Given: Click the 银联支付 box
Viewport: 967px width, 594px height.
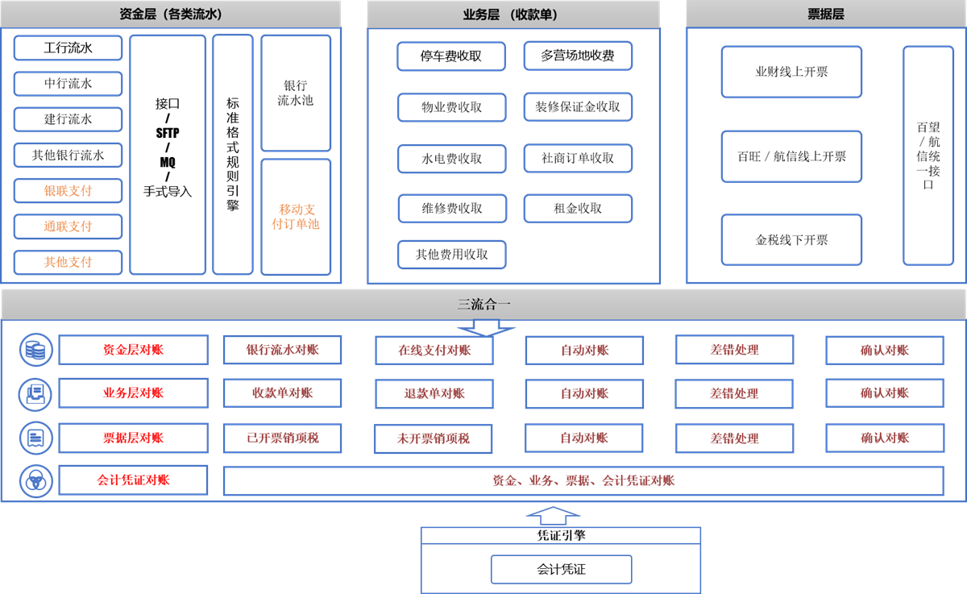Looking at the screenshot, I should (68, 191).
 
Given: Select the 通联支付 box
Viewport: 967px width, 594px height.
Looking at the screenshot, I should (68, 226).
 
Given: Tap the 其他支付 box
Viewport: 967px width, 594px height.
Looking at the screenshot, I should (68, 262).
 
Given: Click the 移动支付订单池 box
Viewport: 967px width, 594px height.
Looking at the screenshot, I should (296, 217).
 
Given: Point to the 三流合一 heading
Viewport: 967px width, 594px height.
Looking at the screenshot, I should (483, 305).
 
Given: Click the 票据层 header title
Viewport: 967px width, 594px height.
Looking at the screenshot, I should (825, 15).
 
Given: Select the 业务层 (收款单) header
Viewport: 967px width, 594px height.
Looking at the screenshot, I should (513, 15).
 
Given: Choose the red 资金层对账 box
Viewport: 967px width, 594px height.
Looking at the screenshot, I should (133, 350).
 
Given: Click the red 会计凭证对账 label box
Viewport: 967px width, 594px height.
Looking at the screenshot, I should (133, 480).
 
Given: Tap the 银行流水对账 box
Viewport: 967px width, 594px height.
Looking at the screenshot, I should (282, 350).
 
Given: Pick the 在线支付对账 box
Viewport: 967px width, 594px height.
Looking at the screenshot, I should (434, 351).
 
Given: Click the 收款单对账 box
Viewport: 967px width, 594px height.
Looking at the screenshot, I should (282, 393).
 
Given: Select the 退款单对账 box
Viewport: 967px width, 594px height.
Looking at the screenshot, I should (434, 394).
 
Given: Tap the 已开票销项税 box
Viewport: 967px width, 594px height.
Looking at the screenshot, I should (282, 438).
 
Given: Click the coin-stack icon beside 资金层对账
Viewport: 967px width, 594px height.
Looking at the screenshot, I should (35, 350).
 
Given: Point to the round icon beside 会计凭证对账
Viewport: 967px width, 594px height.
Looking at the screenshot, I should (35, 481).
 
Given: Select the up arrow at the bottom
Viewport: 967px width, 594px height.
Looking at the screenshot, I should (553, 516).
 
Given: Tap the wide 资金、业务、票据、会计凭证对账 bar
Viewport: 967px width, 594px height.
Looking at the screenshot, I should (583, 481).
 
